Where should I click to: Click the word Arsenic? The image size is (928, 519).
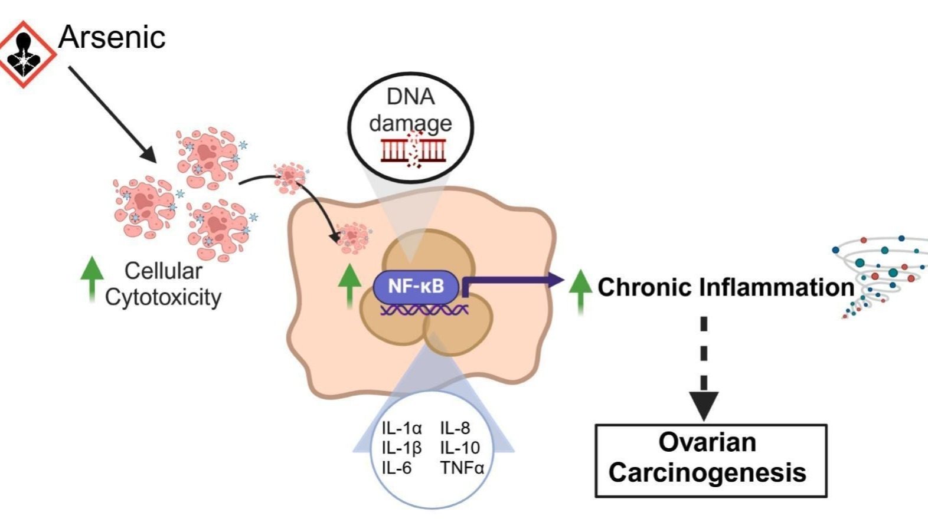coord(112,37)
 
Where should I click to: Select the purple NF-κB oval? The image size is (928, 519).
coord(416,287)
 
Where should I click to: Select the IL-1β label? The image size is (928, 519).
coord(401,448)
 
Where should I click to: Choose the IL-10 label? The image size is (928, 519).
coord(460,448)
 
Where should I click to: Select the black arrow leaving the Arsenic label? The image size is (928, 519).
coord(112,114)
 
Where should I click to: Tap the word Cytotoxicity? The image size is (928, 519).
coord(163,297)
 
